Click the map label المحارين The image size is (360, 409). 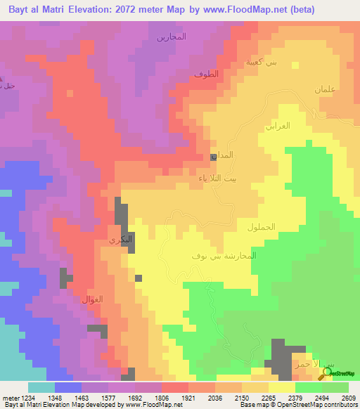(171, 37)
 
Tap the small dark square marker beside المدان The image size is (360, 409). (214, 157)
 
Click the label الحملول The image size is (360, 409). (262, 227)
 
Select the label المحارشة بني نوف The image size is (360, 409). (224, 255)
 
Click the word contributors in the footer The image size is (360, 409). (340, 405)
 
